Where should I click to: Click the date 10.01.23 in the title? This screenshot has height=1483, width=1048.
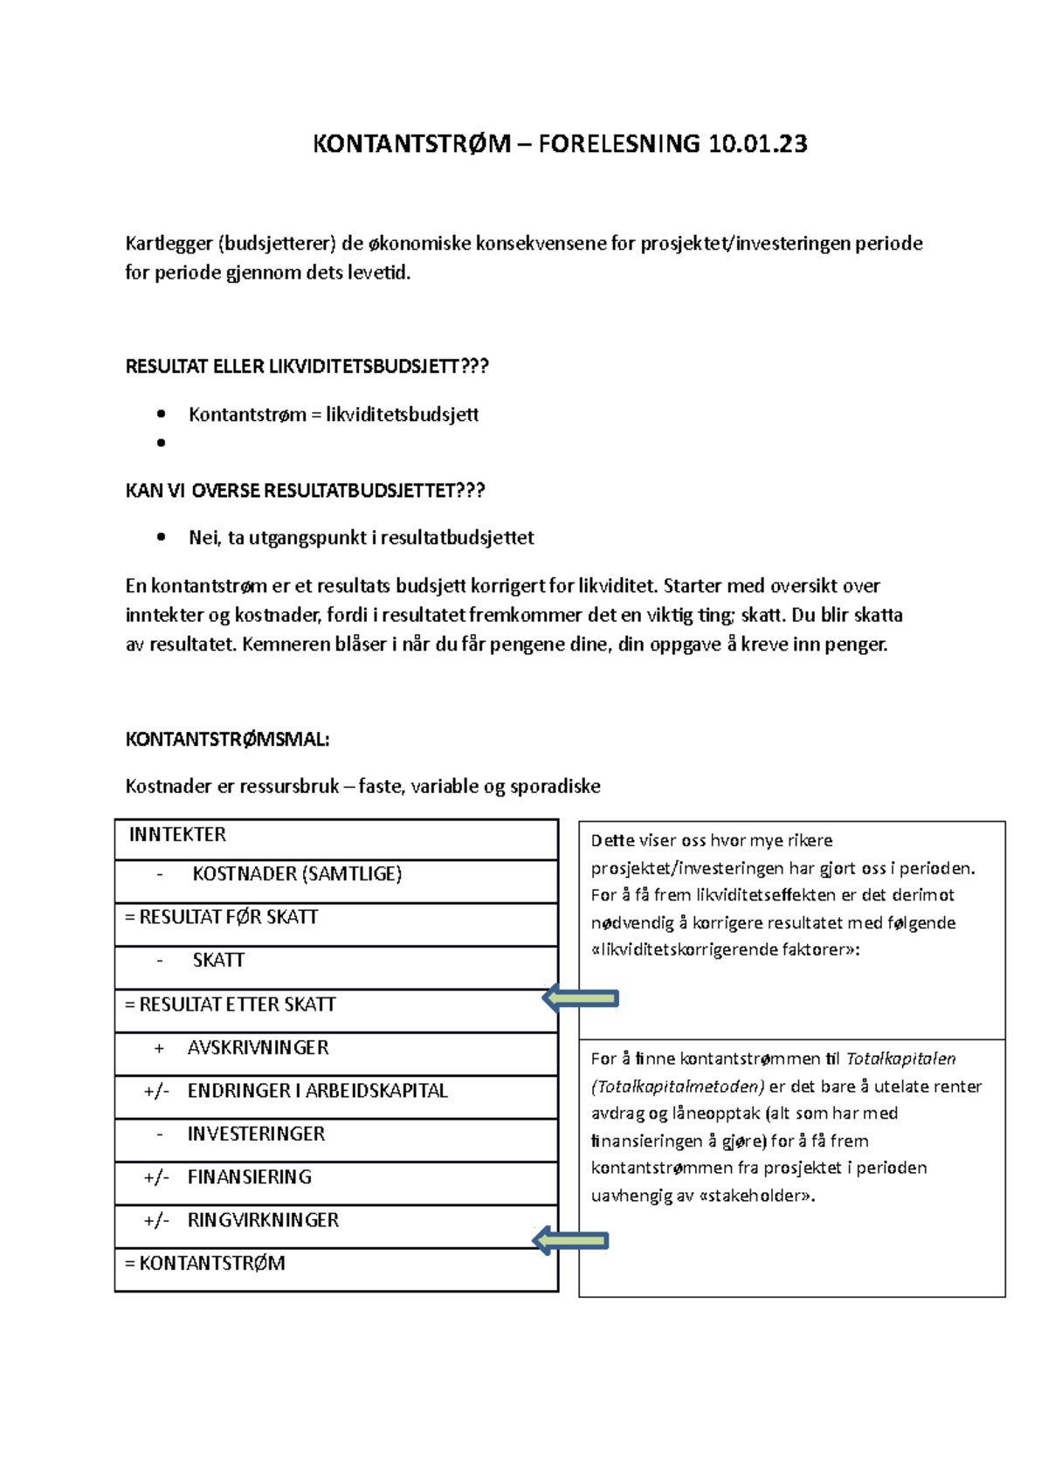click(x=757, y=144)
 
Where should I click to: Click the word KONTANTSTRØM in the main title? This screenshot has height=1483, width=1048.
click(x=411, y=144)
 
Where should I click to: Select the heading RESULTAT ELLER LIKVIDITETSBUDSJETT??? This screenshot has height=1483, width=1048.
click(x=307, y=367)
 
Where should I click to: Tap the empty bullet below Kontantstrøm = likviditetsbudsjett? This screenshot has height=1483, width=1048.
click(x=161, y=443)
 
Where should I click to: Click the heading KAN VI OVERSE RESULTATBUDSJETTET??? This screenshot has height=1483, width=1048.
click(x=305, y=491)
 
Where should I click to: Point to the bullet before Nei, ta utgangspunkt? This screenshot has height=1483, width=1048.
click(x=161, y=538)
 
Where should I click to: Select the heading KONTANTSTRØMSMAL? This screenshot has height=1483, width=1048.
click(x=227, y=740)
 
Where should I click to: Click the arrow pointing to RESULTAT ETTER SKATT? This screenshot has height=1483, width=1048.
click(x=581, y=998)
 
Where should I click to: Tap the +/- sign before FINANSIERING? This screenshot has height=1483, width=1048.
click(x=156, y=1177)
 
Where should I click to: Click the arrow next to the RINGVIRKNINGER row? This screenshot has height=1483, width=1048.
click(x=570, y=1240)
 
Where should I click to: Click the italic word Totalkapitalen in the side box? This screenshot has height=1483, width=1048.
click(x=900, y=1059)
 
